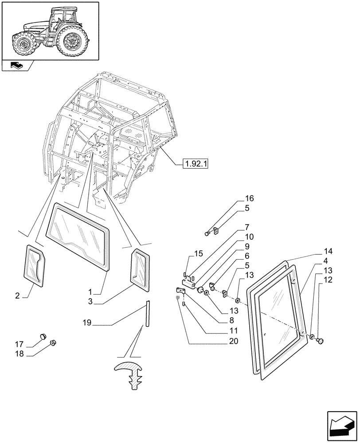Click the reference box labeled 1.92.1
pos(196,164)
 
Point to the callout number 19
pos(86,323)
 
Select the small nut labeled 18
pos(52,342)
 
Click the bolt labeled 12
pos(321,340)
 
